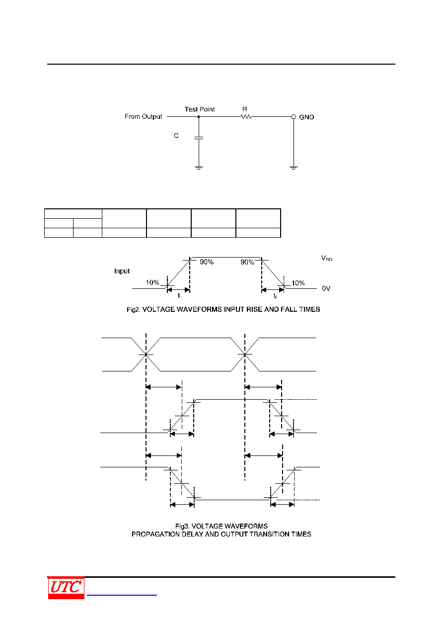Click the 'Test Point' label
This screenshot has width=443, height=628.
[x=199, y=109]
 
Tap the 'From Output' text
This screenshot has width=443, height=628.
[x=143, y=117]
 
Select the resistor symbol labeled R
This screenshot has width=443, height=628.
[x=246, y=117]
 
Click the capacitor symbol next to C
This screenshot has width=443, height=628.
[x=199, y=138]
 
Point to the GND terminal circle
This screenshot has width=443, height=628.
[x=294, y=117]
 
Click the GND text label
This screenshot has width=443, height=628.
[x=306, y=117]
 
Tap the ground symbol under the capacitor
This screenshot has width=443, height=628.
[x=199, y=168]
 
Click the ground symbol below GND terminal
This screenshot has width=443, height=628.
[x=294, y=168]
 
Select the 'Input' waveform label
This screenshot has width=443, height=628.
[x=122, y=271]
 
